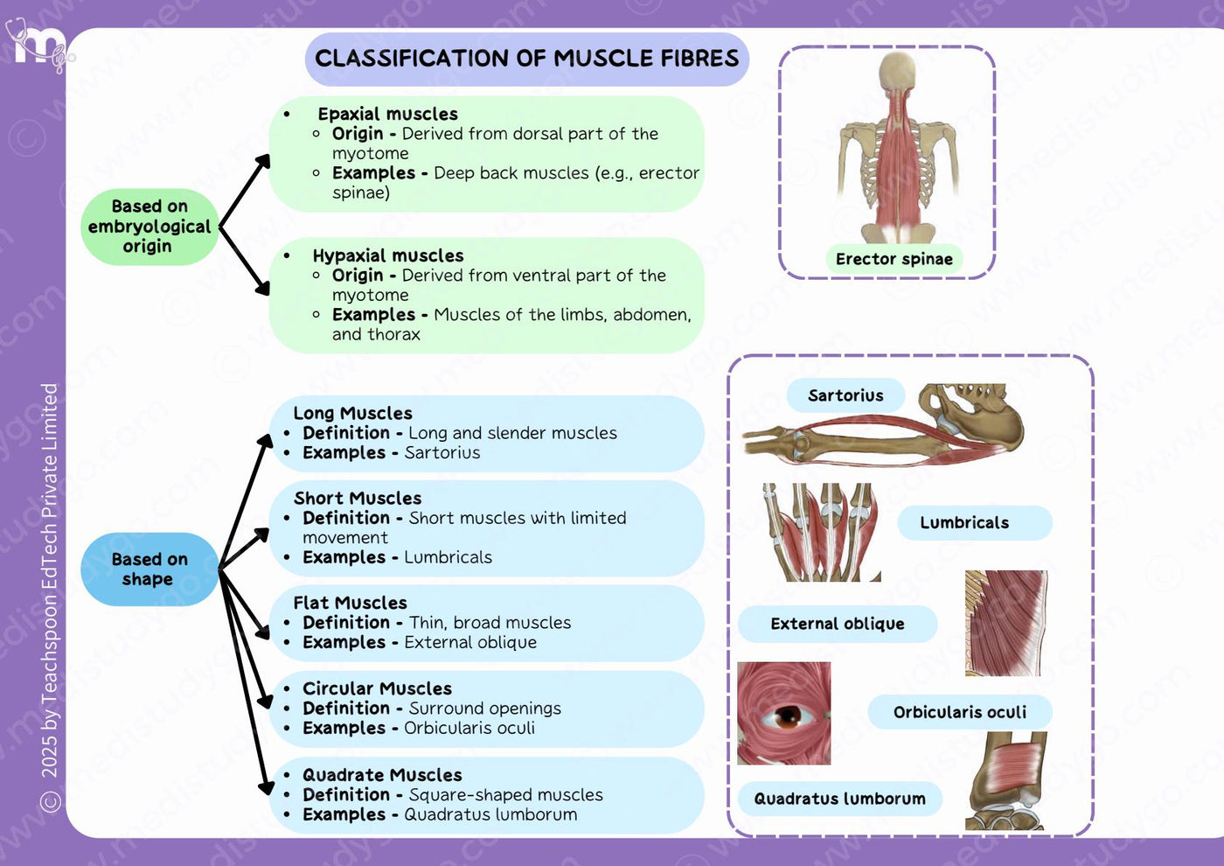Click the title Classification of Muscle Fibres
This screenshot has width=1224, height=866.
click(x=526, y=59)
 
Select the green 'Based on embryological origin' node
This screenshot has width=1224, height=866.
click(x=150, y=227)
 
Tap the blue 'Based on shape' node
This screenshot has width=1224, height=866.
click(x=150, y=569)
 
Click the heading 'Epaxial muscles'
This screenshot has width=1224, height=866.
click(x=388, y=114)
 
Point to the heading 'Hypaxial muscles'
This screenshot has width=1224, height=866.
click(x=388, y=255)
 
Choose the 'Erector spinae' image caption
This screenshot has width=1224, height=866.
click(x=894, y=259)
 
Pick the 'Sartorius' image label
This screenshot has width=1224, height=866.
click(x=845, y=395)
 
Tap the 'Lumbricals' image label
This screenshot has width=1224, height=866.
click(x=964, y=523)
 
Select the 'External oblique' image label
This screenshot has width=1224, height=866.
click(x=838, y=624)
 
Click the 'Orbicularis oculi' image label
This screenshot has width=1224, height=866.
click(x=960, y=712)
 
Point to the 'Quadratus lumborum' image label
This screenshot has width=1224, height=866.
click(x=840, y=799)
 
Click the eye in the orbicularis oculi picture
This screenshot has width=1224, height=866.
click(x=786, y=716)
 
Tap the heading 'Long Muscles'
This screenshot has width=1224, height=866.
click(x=352, y=413)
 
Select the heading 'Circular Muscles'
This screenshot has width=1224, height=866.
click(x=377, y=688)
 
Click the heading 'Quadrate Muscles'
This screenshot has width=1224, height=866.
click(x=382, y=775)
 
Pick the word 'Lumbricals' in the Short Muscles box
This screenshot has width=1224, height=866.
click(x=448, y=557)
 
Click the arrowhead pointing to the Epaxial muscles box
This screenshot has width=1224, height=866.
click(x=263, y=162)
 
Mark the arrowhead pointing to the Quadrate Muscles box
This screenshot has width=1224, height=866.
click(x=266, y=787)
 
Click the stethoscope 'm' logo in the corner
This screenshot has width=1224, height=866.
click(x=40, y=45)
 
